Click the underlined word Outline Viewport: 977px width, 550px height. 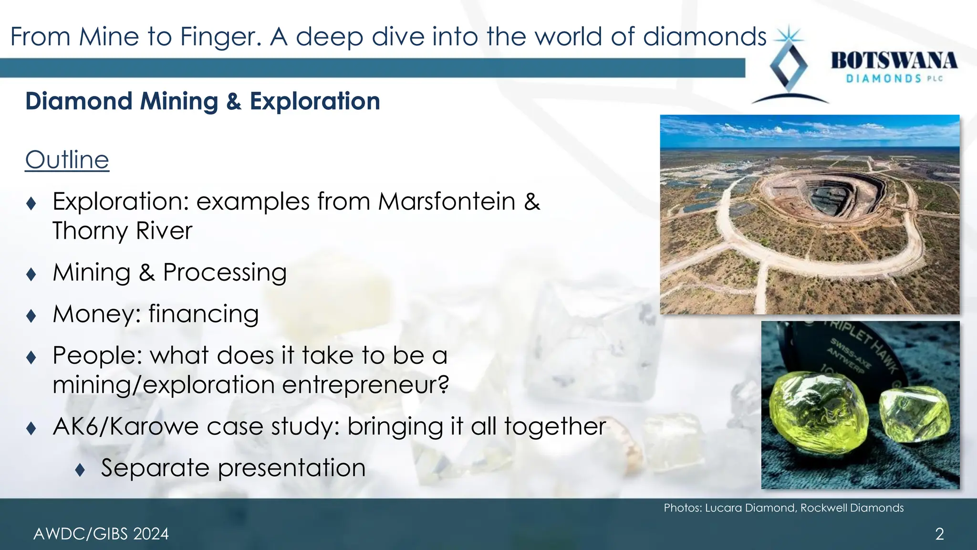tap(67, 160)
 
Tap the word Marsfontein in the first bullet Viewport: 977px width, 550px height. tap(447, 201)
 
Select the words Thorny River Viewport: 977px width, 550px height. tap(122, 231)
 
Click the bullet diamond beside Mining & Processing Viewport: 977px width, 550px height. tap(31, 274)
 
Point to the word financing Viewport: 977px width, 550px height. tap(204, 314)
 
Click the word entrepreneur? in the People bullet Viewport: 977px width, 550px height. tap(365, 385)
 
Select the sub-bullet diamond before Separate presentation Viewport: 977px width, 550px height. tap(80, 470)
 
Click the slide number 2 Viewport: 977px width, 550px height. tap(939, 534)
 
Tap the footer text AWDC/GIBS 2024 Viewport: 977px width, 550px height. tap(101, 534)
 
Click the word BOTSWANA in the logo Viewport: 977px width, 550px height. tap(894, 61)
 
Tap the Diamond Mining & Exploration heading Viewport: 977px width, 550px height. tap(203, 101)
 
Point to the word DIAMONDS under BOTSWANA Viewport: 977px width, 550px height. tap(883, 79)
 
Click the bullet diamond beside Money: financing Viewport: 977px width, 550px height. tap(31, 316)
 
